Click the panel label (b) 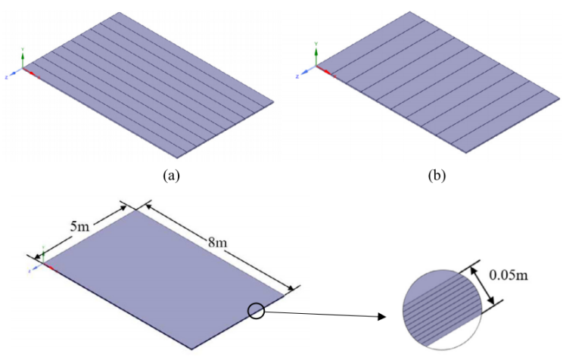tap(437, 175)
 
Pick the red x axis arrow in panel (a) tap(30, 73)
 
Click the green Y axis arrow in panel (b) tap(317, 54)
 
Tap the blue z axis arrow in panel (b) tap(308, 71)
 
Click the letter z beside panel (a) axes tap(6, 77)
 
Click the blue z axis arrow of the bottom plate tap(36, 265)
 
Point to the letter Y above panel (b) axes tap(317, 44)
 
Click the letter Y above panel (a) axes tap(23, 48)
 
